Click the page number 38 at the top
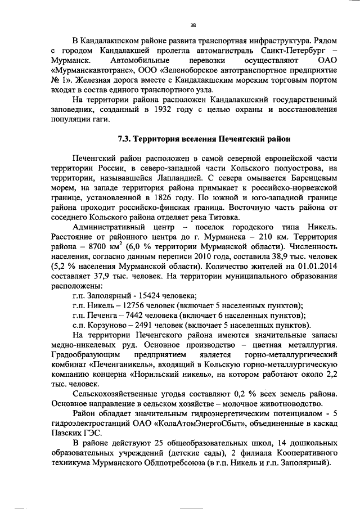pos(193,25)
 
